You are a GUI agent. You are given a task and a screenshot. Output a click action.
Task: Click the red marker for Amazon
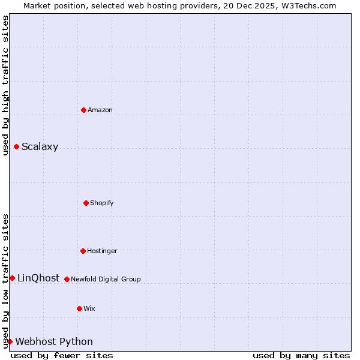pyautogui.click(x=83, y=110)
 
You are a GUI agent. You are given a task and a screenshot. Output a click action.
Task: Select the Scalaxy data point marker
pyautogui.click(x=16, y=147)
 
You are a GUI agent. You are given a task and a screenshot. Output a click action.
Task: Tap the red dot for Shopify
pyautogui.click(x=86, y=203)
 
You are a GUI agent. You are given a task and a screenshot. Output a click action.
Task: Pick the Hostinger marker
pyautogui.click(x=83, y=251)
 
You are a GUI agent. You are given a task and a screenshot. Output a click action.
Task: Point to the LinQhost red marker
pyautogui.click(x=12, y=278)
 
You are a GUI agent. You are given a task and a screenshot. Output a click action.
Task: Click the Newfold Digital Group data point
pyautogui.click(x=67, y=279)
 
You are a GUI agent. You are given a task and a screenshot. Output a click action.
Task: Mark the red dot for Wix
pyautogui.click(x=79, y=308)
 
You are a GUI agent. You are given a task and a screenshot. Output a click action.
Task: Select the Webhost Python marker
pyautogui.click(x=10, y=341)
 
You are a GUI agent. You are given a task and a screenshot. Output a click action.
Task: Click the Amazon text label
pyautogui.click(x=100, y=110)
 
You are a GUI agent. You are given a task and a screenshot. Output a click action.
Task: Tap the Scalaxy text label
pyautogui.click(x=40, y=147)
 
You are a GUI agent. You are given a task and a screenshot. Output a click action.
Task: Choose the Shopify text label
pyautogui.click(x=102, y=203)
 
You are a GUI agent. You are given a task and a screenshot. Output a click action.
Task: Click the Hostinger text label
pyautogui.click(x=102, y=251)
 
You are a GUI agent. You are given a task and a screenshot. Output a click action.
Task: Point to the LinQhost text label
pyautogui.click(x=38, y=278)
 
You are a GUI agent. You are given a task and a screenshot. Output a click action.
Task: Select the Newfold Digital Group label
pyautogui.click(x=106, y=280)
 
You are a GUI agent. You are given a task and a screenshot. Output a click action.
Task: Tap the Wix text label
pyautogui.click(x=89, y=309)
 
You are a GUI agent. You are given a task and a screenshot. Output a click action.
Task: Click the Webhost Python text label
pyautogui.click(x=54, y=342)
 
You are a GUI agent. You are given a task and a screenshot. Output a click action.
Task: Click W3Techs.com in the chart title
pyautogui.click(x=308, y=5)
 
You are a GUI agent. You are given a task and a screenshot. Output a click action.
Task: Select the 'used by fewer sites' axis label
pyautogui.click(x=62, y=355)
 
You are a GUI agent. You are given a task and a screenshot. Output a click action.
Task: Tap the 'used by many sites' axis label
pyautogui.click(x=301, y=355)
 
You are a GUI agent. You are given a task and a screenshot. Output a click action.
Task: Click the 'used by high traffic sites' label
pyautogui.click(x=5, y=85)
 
